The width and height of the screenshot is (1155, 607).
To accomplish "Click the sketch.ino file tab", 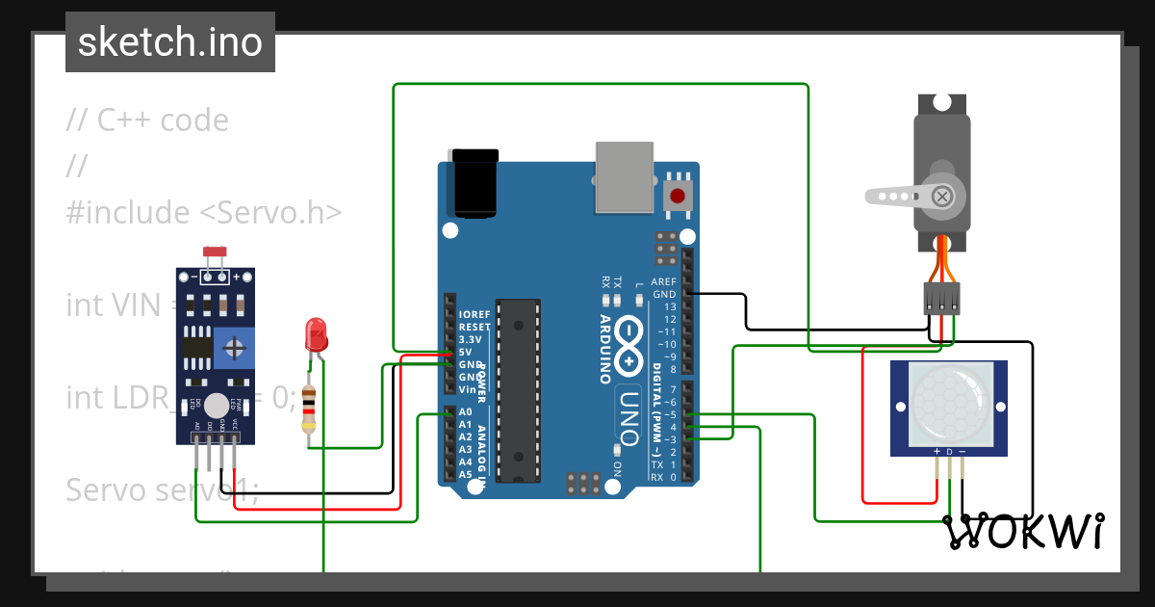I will [169, 42].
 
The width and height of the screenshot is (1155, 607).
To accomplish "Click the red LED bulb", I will [316, 335].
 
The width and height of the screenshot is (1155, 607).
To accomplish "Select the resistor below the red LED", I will [308, 409].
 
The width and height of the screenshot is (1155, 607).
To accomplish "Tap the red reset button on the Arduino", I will [678, 196].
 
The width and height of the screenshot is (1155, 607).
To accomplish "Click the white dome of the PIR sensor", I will [949, 404].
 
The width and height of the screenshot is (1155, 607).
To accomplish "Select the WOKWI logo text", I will [1023, 531].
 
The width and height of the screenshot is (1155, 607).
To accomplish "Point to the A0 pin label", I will [466, 412].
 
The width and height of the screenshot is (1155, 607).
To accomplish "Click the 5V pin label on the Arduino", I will [466, 352].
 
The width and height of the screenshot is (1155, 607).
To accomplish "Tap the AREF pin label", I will [664, 281].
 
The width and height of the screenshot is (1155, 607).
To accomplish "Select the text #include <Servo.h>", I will [204, 212].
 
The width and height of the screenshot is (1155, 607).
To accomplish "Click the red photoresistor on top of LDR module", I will [216, 252].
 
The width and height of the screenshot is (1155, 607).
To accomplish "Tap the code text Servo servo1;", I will [162, 490].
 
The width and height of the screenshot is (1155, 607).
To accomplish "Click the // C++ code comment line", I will [147, 120].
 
